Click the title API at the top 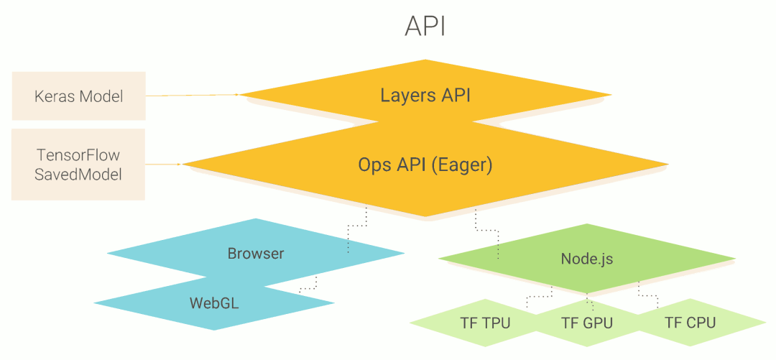pyautogui.click(x=425, y=26)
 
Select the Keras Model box pyautogui.click(x=78, y=96)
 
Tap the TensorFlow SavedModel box pyautogui.click(x=78, y=165)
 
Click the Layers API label pyautogui.click(x=425, y=95)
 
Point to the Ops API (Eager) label pyautogui.click(x=425, y=165)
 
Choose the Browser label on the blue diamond pyautogui.click(x=256, y=254)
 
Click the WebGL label pyautogui.click(x=214, y=303)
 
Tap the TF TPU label pyautogui.click(x=485, y=323)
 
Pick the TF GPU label pyautogui.click(x=587, y=323)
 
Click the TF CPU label pyautogui.click(x=690, y=323)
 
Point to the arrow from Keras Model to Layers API pyautogui.click(x=193, y=95)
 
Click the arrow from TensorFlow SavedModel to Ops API pyautogui.click(x=164, y=165)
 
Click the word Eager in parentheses pyautogui.click(x=466, y=165)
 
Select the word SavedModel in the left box pyautogui.click(x=78, y=174)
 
